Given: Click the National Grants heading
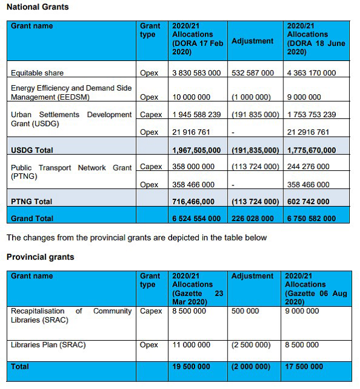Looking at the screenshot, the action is click(x=37, y=7).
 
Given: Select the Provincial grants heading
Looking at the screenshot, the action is click(x=40, y=257).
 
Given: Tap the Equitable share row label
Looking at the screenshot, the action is click(x=37, y=73).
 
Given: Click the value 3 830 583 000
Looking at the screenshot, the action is click(x=197, y=73).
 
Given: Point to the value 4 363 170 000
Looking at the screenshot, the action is click(x=312, y=73).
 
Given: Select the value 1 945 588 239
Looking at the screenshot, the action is click(x=197, y=115).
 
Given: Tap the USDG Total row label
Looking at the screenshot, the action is click(x=32, y=150).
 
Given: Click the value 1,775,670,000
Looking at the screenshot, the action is click(x=312, y=150).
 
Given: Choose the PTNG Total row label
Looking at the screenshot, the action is click(x=31, y=201).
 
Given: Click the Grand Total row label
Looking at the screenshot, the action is click(x=32, y=218).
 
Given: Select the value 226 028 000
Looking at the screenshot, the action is click(x=253, y=218).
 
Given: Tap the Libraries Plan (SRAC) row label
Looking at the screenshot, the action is click(x=48, y=345).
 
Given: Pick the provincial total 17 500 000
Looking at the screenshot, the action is click(x=305, y=367).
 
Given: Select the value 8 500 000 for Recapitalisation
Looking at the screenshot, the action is click(x=189, y=311).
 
